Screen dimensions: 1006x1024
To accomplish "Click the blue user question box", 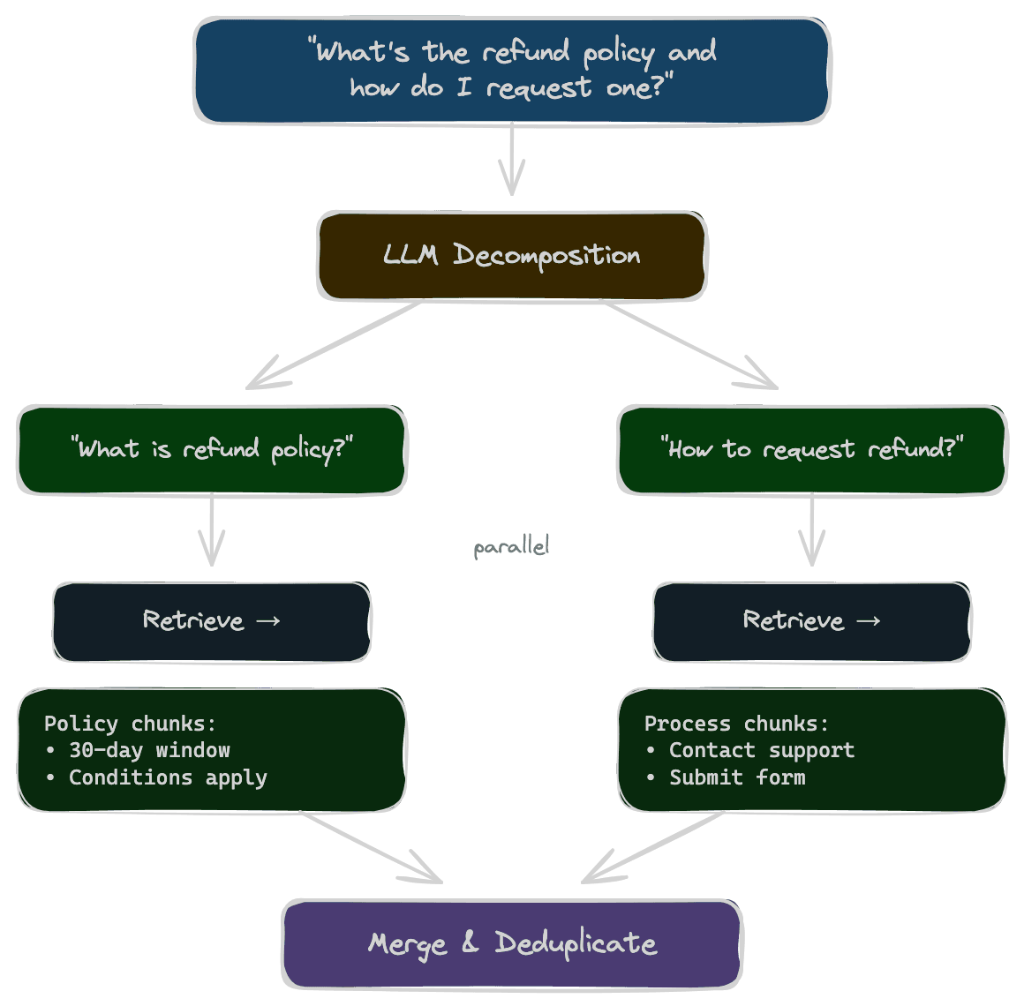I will (512, 71).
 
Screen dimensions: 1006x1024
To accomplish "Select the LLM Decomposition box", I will (512, 256).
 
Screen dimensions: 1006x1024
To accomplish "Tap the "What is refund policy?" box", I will (212, 449).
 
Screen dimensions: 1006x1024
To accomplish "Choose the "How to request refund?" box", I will (812, 449).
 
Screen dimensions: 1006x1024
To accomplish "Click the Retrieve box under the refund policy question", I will (212, 621).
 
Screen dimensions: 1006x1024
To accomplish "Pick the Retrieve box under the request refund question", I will (812, 621).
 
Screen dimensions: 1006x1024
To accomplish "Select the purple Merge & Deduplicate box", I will (512, 943).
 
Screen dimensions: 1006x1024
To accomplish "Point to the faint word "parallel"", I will (511, 547).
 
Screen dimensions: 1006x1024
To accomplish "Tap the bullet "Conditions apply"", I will (168, 777).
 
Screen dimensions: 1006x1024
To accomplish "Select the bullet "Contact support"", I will (761, 750).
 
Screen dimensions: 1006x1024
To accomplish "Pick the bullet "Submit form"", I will (737, 777).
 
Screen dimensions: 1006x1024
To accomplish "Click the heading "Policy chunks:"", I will (130, 724).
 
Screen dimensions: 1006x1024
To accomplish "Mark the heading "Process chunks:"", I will (736, 724).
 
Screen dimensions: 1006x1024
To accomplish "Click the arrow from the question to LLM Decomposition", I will (512, 159).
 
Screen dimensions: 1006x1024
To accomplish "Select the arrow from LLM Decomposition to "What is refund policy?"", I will (335, 345).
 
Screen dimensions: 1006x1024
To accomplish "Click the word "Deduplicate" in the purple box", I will (576, 943).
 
